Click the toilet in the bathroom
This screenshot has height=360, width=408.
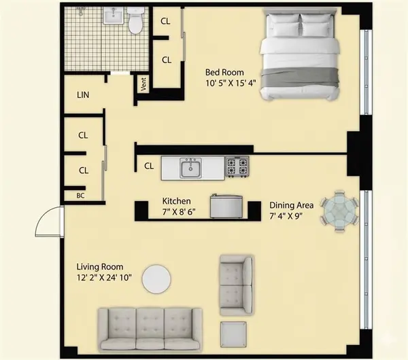coord(136,22)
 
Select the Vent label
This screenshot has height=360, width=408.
coord(143,85)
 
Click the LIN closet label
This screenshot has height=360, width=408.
coord(84,95)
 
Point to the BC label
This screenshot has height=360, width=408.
coord(80,196)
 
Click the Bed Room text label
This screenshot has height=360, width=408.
coord(225,72)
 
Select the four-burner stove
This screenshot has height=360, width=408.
coord(237,166)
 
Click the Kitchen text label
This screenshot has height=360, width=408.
coord(176,201)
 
